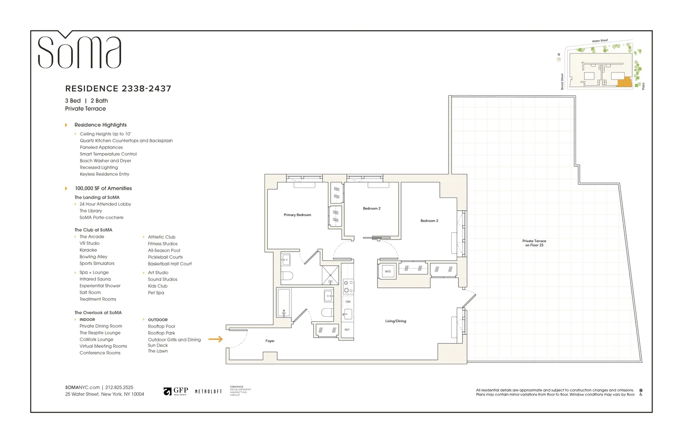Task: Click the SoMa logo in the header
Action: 79,51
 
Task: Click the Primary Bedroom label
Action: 297,215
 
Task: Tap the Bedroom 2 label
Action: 372,208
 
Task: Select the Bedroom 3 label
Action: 429,221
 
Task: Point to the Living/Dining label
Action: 395,321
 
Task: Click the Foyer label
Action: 270,341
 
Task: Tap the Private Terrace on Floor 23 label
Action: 534,243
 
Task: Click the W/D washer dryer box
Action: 388,271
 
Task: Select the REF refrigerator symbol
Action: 347,330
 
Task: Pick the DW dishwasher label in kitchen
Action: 348,302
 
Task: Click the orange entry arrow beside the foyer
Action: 216,339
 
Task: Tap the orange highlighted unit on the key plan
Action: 624,82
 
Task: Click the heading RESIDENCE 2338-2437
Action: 118,89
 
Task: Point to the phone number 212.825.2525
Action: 119,387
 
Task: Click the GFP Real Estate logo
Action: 176,391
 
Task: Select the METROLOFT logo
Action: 208,391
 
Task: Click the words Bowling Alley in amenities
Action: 93,257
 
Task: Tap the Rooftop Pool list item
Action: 161,326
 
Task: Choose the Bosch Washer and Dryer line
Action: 105,161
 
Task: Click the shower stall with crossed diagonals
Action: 330,275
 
